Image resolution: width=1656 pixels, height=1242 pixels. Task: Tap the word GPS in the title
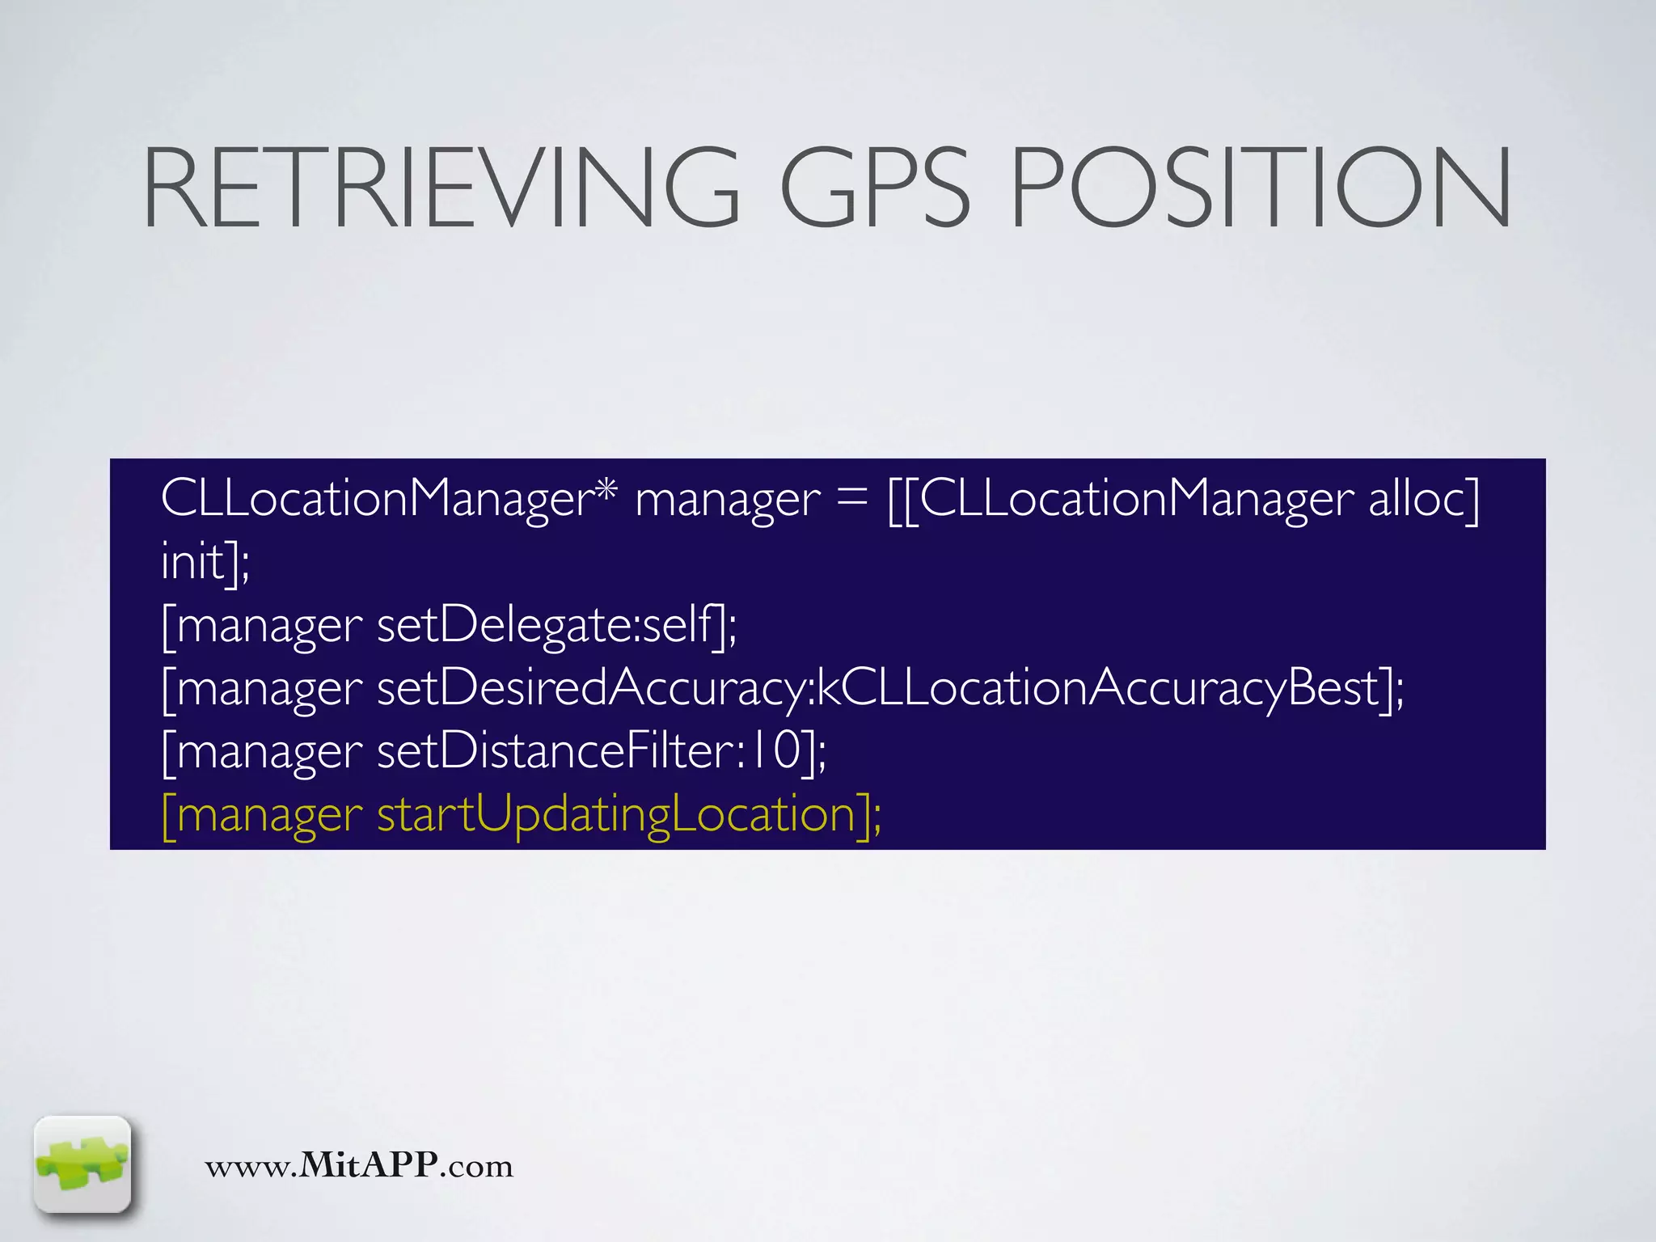tap(874, 188)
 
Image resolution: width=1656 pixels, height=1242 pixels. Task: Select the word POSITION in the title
tap(1260, 188)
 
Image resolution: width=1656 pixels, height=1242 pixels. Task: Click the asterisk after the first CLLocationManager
tap(606, 490)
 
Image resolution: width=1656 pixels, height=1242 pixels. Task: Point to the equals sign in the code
tap(852, 499)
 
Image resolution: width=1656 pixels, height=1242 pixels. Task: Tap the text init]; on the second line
tap(205, 561)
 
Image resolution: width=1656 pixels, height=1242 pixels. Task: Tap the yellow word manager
tap(269, 817)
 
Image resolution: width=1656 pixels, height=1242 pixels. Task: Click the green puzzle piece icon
tap(82, 1164)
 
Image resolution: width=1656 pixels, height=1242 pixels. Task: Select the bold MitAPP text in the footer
tap(369, 1165)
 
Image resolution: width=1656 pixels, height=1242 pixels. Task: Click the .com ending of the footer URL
tap(476, 1167)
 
